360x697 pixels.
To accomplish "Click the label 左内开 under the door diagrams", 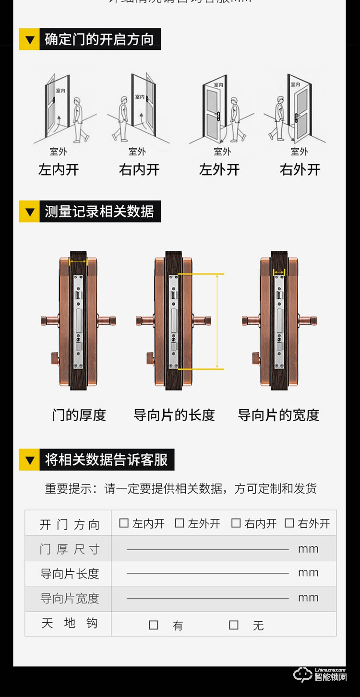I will [59, 169].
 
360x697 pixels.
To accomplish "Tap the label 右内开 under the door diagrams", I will [139, 169].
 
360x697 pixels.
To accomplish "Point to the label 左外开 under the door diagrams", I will [219, 169].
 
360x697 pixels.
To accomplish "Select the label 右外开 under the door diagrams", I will [300, 169].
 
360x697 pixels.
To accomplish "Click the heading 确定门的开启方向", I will [99, 39].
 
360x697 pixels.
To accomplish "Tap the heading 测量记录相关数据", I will [99, 212].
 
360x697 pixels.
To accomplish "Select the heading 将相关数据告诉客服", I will [106, 460].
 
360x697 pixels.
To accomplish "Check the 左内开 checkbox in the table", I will [124, 523].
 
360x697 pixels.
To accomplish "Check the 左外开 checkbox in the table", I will [180, 523].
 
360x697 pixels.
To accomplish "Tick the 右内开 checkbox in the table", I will [236, 523].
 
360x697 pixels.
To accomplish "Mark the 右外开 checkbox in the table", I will [289, 523].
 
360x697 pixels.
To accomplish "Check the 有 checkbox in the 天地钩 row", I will [154, 625].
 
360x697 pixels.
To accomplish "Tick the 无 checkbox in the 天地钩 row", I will [234, 625].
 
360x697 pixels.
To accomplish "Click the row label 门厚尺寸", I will [69, 549].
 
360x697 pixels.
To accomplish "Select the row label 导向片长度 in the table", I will [69, 573].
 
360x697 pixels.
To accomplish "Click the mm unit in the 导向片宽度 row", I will [308, 598].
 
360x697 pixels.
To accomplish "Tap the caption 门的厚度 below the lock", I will [79, 415].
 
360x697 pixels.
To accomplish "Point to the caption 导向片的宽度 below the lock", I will [278, 415].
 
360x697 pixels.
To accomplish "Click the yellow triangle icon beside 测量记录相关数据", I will [30, 212].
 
